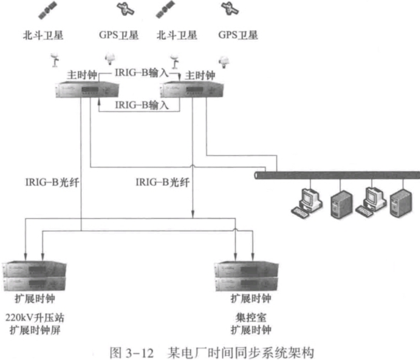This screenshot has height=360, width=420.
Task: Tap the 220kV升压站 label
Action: click(34, 317)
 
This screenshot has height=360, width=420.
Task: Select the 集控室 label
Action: click(250, 317)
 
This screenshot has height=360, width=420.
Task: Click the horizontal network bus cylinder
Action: click(336, 174)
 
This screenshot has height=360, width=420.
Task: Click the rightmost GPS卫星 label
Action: click(238, 35)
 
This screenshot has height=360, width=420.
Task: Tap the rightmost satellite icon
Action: click(227, 8)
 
